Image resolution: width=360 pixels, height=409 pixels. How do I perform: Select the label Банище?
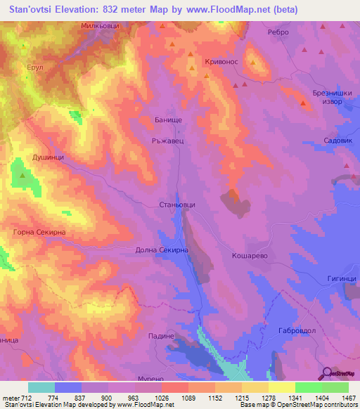pos(169,120)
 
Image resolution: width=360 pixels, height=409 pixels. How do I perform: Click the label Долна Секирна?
pos(162,249)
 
